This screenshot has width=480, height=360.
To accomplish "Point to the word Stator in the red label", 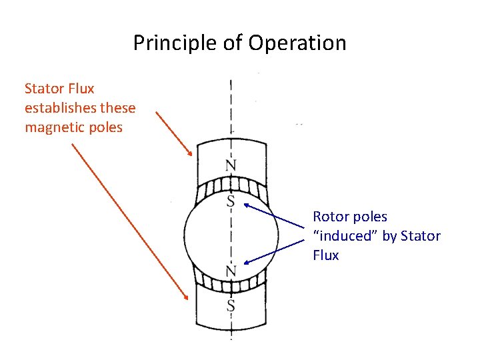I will tap(41, 89).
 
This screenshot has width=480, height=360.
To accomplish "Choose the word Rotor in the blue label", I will tap(331, 217).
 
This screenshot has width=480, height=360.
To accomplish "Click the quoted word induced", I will tap(345, 236).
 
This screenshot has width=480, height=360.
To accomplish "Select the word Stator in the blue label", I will tap(419, 236).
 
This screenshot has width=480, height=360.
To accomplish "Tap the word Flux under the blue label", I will tap(325, 255).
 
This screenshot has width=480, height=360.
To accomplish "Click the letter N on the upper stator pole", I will tap(230, 165).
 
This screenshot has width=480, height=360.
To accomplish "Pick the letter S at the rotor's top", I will tap(230, 200).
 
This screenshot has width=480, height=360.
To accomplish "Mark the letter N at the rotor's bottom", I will tap(230, 271).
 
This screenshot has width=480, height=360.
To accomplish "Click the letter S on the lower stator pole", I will tap(230, 305).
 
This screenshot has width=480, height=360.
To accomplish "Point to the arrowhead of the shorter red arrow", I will tap(191, 154).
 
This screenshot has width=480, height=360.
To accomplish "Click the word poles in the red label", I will tap(108, 127).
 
